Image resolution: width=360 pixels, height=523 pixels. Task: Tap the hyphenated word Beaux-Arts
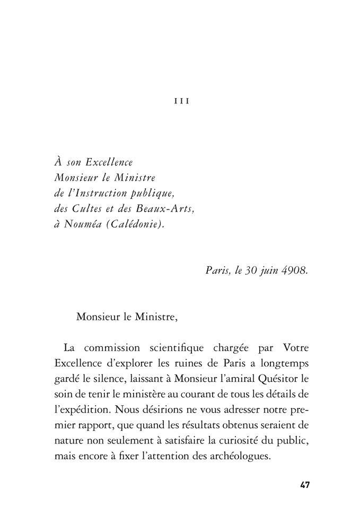(x=168, y=208)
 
